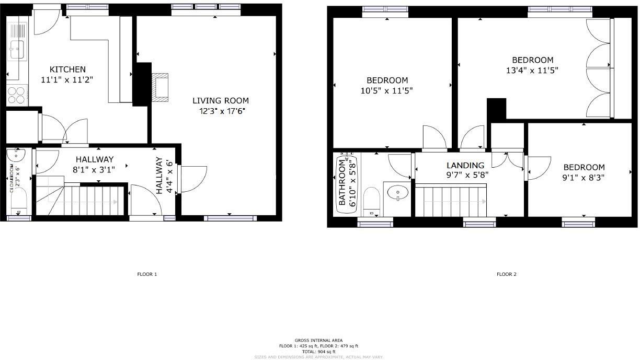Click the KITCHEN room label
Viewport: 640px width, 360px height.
point(67,69)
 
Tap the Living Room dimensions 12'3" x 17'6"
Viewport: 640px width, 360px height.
point(222,111)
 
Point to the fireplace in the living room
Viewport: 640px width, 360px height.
point(161,87)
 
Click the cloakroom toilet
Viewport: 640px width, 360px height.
point(19,202)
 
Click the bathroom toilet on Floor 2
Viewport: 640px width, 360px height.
point(372,201)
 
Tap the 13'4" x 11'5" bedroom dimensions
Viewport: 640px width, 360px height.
point(532,70)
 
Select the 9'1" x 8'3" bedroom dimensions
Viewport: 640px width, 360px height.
point(584,177)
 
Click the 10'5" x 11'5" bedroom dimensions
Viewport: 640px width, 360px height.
point(387,90)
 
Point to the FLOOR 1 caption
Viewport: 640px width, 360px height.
point(146,274)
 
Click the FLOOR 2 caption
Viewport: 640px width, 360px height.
point(506,274)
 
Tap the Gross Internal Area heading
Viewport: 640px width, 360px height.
point(319,340)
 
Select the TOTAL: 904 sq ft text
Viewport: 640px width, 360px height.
point(319,352)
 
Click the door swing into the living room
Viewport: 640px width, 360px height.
point(193,180)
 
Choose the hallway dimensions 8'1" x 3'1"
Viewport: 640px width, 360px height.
point(94,169)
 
